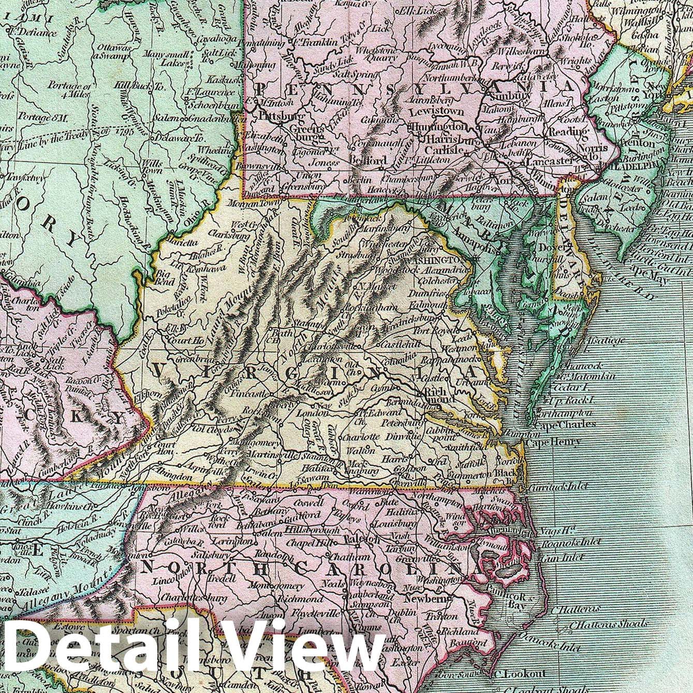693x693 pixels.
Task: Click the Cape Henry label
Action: pyautogui.click(x=553, y=442)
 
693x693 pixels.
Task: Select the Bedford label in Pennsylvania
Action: pyautogui.click(x=368, y=160)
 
